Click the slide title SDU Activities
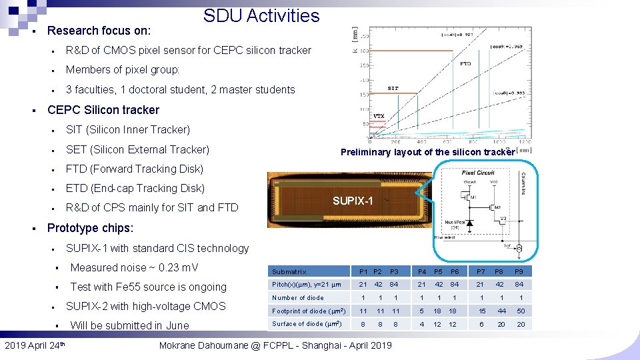261,16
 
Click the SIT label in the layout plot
393,89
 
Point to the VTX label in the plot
378,116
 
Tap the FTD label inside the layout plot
465,64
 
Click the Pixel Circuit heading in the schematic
478,173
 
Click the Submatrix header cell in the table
289,272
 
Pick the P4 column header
422,271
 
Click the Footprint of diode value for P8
503,311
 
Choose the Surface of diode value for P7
481,324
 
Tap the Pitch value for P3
395,285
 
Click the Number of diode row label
298,298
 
